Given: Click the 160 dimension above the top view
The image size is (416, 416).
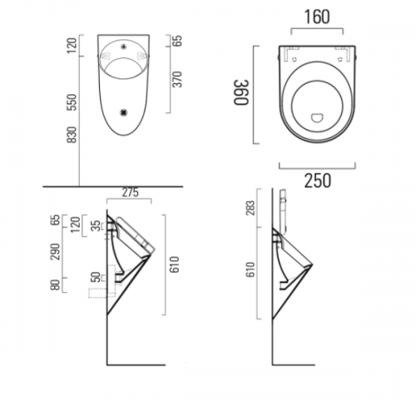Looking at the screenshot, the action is [317, 17].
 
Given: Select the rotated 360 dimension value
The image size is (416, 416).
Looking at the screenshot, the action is [240, 93].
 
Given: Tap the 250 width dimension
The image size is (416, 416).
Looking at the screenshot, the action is [318, 181].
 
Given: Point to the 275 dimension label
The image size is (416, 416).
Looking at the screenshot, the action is [131, 192].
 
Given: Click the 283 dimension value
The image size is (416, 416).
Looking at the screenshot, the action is [250, 208].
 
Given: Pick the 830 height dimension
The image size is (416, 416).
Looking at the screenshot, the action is [72, 135].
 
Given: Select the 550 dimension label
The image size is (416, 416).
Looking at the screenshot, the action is [72, 102].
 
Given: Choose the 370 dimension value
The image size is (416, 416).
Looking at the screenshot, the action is [177, 79].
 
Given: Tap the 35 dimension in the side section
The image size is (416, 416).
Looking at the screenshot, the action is [96, 226].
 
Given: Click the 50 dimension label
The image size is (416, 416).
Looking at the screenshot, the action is [96, 277].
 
